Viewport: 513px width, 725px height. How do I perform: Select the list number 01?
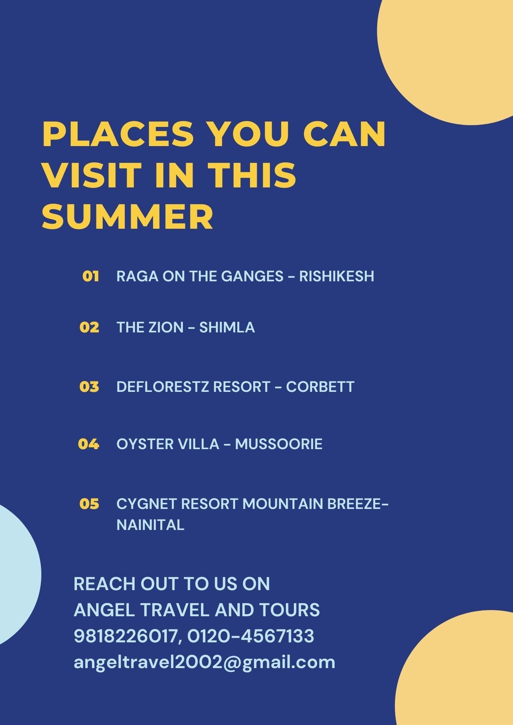click(x=90, y=276)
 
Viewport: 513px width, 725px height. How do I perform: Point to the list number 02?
click(x=89, y=327)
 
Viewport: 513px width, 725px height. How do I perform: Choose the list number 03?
click(x=89, y=386)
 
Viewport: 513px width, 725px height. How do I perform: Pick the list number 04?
click(x=89, y=444)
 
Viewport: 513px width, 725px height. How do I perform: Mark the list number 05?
click(x=89, y=504)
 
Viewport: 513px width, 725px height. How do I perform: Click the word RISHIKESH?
click(x=337, y=276)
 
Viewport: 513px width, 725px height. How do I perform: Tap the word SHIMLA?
click(x=227, y=327)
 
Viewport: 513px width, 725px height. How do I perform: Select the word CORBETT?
click(x=320, y=386)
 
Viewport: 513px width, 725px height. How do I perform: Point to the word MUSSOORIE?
click(x=279, y=444)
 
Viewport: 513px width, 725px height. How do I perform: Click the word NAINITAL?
click(x=150, y=525)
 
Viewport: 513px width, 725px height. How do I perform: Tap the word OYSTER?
click(x=145, y=444)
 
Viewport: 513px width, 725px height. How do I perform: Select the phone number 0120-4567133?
click(x=251, y=636)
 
